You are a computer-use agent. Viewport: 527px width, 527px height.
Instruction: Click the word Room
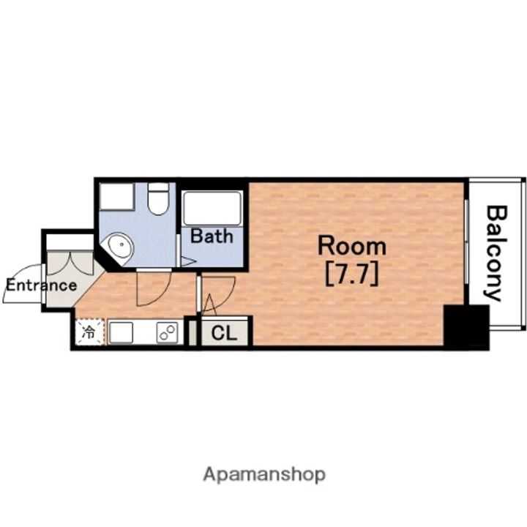[352, 246]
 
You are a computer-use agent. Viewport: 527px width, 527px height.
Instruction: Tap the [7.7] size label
[352, 274]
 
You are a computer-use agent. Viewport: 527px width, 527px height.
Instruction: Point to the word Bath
[212, 236]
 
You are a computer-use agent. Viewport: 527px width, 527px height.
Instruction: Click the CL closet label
[224, 334]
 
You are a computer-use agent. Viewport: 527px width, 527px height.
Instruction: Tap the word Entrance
[41, 285]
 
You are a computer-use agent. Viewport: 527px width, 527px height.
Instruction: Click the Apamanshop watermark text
[264, 474]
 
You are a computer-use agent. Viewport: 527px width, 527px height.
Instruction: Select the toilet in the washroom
[158, 198]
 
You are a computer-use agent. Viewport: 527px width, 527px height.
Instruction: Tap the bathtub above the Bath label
[212, 209]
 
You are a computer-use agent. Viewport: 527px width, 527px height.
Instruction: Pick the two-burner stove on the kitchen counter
[167, 333]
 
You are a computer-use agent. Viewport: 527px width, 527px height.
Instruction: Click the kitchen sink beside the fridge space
[121, 333]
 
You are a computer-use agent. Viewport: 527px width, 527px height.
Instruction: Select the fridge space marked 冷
[89, 332]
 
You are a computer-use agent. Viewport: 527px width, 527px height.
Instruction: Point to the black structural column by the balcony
[466, 326]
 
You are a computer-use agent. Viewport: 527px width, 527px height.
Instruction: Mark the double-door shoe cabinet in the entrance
[70, 263]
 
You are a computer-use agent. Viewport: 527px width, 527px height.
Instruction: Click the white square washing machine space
[116, 197]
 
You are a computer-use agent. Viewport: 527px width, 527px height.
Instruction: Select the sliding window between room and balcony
[466, 242]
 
